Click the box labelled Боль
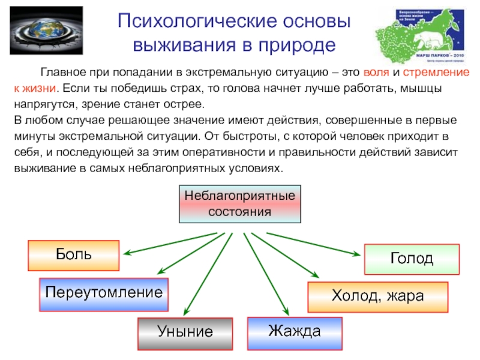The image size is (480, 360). point(74,255)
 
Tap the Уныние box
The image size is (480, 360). point(185,332)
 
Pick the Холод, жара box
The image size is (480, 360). point(377,296)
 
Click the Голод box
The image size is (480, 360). point(412,259)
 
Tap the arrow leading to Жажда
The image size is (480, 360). point(264,270)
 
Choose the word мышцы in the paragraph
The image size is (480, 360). point(423,89)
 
